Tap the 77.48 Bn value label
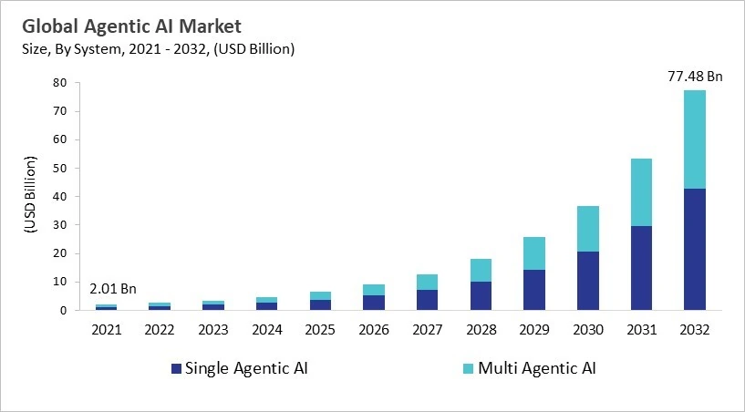coord(694,77)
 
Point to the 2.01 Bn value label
coord(113,289)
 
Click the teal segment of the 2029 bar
coord(535,253)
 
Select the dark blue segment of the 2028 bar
coord(482,295)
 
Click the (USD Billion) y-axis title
coord(29,197)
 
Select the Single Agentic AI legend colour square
coord(175,369)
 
